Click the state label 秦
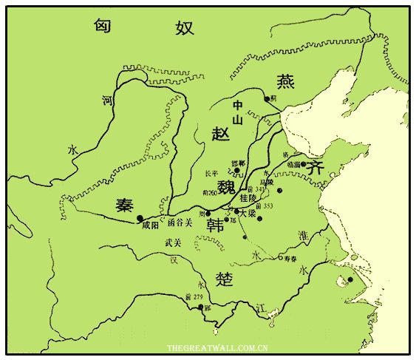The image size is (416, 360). (x=124, y=206)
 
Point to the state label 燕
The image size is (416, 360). (x=285, y=81)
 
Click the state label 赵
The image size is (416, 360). (x=221, y=133)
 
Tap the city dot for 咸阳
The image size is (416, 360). (x=139, y=217)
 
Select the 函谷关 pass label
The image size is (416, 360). (x=180, y=221)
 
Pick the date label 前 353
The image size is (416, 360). (x=264, y=206)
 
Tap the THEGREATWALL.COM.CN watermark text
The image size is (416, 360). (x=216, y=347)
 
